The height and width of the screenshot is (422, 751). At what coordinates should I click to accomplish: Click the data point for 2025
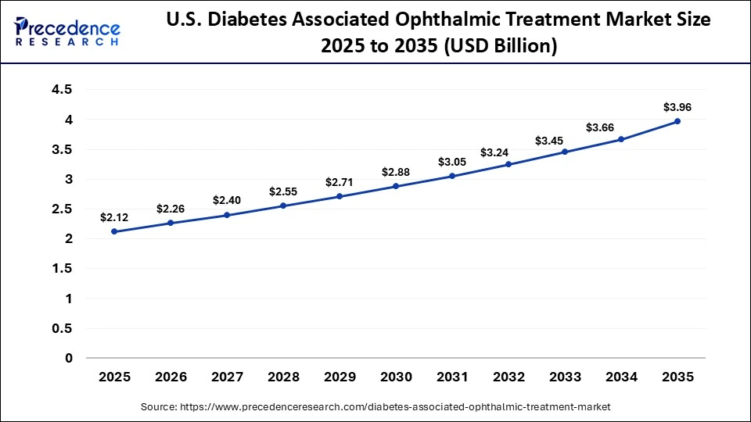[x=114, y=231]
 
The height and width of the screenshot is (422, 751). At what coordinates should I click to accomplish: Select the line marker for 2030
[x=396, y=186]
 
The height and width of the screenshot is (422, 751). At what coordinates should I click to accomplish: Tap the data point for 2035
[x=677, y=121]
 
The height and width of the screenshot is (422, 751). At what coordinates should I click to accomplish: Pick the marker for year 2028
[x=283, y=206]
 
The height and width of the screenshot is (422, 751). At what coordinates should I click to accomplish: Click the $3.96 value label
[x=677, y=106]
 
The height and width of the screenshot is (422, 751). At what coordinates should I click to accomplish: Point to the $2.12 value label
[x=114, y=217]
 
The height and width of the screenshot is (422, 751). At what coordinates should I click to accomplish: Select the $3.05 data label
[x=452, y=162]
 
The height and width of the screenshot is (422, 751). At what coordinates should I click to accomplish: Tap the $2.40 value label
[x=227, y=200]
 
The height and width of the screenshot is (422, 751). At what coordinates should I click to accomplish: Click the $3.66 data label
[x=621, y=127]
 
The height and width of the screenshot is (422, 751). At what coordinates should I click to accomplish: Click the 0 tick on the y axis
[x=69, y=358]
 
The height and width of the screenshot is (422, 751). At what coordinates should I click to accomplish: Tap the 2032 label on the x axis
[x=508, y=377]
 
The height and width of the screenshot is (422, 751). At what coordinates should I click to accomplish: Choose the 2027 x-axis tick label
[x=227, y=377]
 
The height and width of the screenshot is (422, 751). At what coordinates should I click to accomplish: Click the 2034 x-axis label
[x=621, y=377]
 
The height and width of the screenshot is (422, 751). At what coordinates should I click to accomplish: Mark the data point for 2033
[x=565, y=152]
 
